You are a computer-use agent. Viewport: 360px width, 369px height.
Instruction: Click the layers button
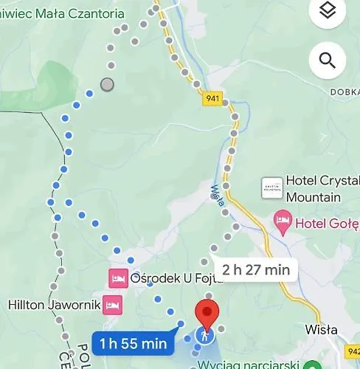[328, 12]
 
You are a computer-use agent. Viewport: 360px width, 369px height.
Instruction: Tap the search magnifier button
[328, 60]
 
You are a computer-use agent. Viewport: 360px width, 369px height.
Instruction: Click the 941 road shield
[213, 98]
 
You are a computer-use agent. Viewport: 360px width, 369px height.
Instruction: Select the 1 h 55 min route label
[134, 343]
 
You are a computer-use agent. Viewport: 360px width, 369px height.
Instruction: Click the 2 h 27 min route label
[255, 269]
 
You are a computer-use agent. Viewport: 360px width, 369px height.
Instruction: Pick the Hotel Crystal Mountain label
[322, 190]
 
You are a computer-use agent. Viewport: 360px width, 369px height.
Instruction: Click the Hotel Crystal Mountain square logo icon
[271, 187]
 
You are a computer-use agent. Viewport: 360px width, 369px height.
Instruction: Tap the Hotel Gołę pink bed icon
[282, 221]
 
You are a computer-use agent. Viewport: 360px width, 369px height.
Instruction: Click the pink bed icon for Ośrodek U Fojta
[117, 278]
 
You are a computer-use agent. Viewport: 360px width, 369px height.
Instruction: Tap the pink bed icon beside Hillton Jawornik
[112, 304]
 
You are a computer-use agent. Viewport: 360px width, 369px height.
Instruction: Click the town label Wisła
[321, 330]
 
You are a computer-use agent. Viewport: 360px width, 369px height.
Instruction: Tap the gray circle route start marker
[108, 84]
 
